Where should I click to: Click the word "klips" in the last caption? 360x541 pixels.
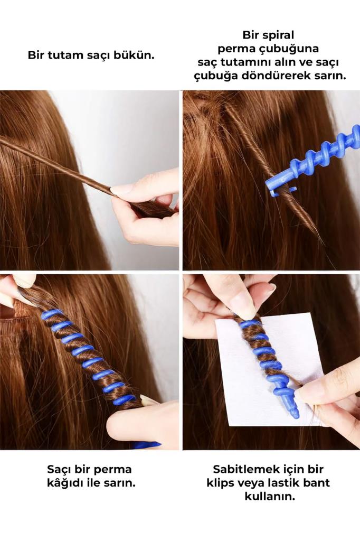(223, 483)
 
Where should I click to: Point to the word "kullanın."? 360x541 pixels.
(269, 497)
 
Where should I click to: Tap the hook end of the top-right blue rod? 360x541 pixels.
(275, 190)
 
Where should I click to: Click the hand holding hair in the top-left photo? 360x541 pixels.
(145, 209)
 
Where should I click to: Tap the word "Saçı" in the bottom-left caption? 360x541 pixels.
(59, 469)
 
